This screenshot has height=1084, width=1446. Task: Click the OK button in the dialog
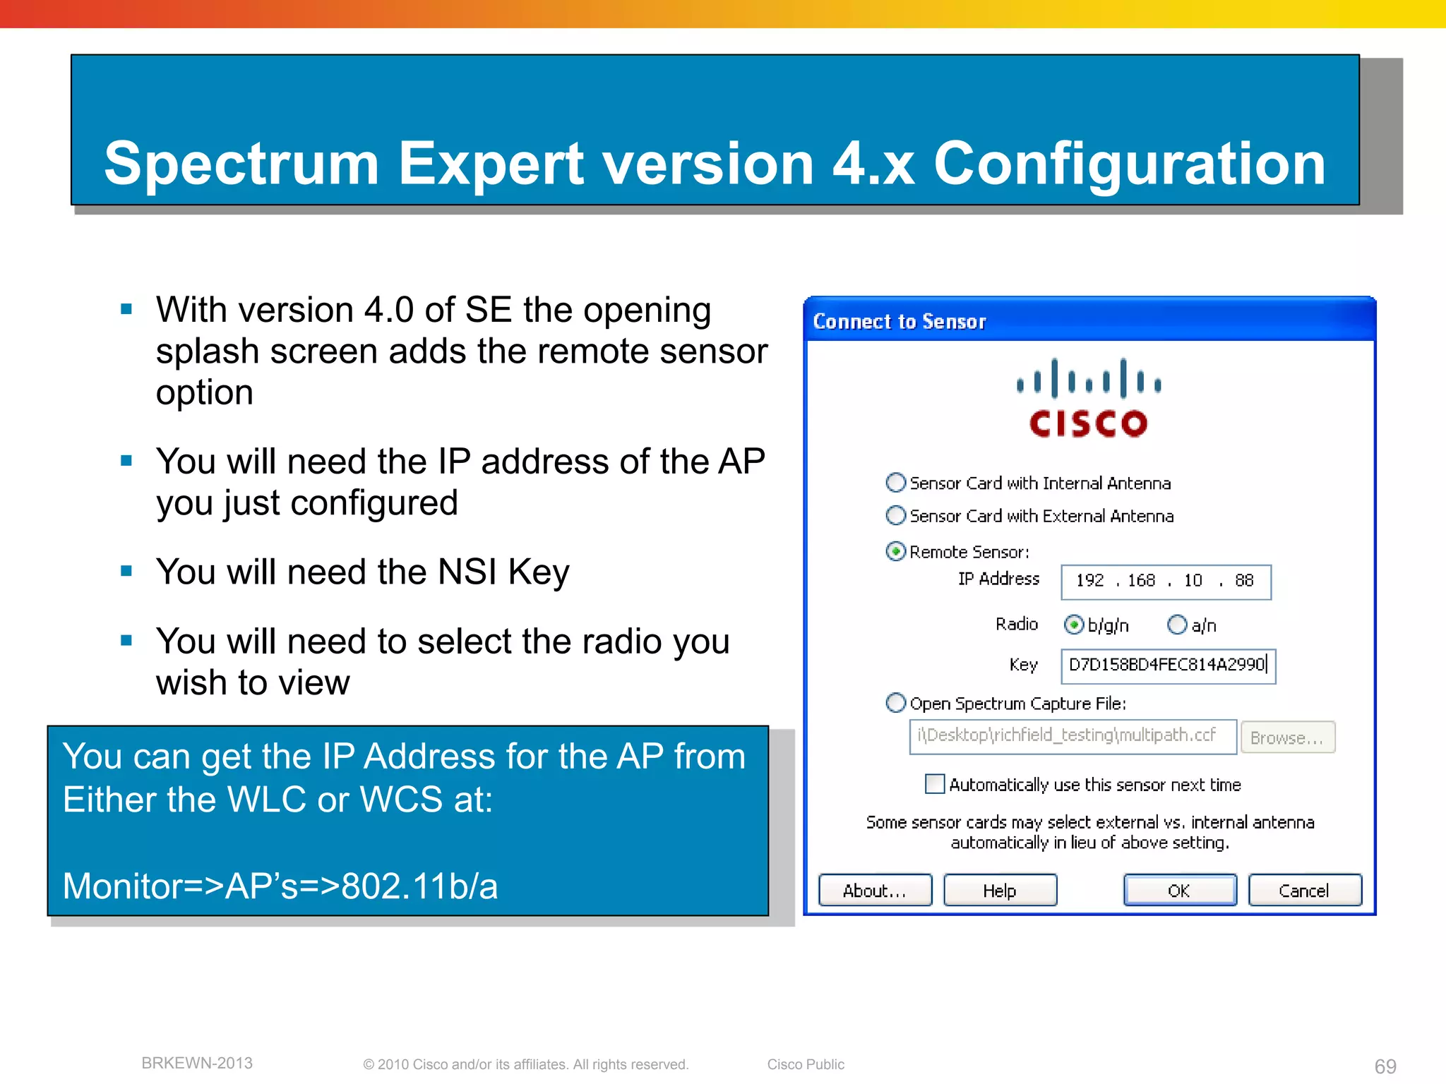(1179, 890)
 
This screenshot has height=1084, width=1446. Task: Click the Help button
(999, 890)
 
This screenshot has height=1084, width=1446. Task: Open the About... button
(874, 890)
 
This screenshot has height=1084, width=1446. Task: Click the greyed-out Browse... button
(1287, 737)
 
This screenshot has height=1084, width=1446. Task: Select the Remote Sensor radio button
(896, 551)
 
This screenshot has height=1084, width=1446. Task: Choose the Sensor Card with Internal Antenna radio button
(896, 483)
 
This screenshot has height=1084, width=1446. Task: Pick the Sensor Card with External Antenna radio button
(896, 516)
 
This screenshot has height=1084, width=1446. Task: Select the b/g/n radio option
(1074, 625)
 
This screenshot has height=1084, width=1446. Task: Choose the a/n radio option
(1177, 625)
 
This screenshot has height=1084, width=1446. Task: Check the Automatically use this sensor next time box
(935, 784)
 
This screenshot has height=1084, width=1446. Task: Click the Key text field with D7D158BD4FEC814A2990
(1167, 666)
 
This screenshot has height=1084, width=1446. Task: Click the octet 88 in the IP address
(1244, 581)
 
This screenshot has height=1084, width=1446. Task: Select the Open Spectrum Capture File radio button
(896, 703)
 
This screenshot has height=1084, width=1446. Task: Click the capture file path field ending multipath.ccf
(1072, 736)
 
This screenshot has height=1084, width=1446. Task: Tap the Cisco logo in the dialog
(1088, 399)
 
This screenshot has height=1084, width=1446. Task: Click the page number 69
(1385, 1066)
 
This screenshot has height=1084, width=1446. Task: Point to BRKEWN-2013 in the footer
(197, 1063)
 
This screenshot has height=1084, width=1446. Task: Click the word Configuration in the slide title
(1129, 164)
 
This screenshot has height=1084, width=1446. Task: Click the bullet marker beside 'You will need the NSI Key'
(127, 571)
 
